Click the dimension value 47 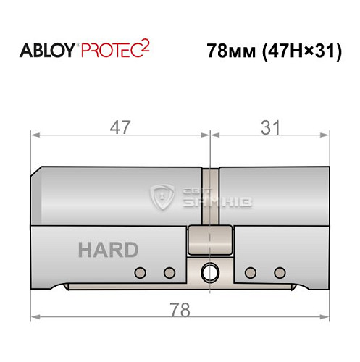coord(121,127)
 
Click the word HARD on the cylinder coord(108,251)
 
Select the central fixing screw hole coord(209,273)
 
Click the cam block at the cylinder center coord(209,239)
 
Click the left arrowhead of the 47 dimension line coord(33,135)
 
